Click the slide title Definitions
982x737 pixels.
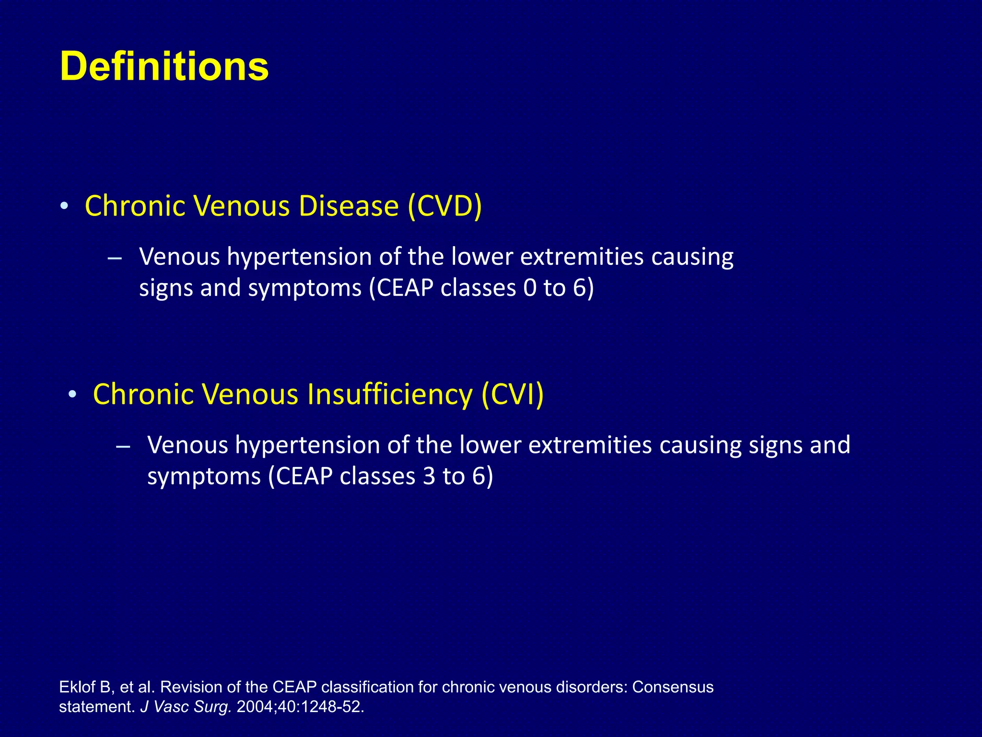[x=164, y=66]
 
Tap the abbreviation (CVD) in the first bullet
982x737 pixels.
[x=444, y=206]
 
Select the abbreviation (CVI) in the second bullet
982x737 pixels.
[x=513, y=394]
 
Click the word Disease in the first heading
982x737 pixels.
[x=349, y=206]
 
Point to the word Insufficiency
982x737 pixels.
[x=390, y=394]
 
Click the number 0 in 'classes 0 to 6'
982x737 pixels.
[x=530, y=288]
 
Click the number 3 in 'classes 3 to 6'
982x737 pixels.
[x=429, y=476]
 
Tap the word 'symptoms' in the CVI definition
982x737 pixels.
[x=204, y=476]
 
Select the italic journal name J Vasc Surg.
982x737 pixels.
[x=186, y=707]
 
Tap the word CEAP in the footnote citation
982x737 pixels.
[x=294, y=687]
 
